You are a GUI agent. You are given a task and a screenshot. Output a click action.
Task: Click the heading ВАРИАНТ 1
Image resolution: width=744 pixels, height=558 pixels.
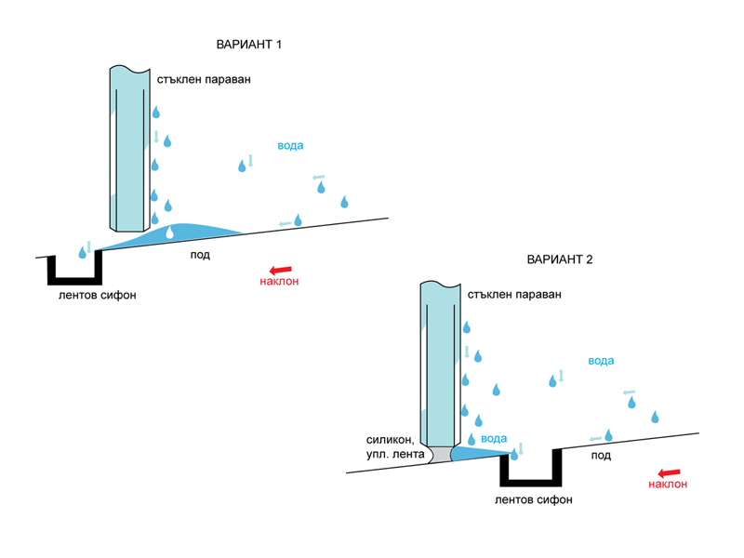[248, 44]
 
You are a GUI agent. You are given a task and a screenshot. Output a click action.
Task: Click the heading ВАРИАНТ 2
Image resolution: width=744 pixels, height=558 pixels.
[560, 259]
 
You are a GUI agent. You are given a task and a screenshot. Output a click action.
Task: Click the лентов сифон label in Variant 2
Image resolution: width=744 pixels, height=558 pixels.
[534, 499]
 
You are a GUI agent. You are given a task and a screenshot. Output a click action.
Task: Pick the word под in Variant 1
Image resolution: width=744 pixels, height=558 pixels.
[199, 255]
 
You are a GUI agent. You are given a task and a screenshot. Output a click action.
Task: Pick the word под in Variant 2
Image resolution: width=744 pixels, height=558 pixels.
[601, 456]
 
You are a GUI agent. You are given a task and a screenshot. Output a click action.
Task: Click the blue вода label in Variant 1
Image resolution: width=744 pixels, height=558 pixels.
[290, 146]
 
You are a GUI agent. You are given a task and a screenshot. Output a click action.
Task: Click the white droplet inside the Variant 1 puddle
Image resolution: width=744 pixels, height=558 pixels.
[169, 234]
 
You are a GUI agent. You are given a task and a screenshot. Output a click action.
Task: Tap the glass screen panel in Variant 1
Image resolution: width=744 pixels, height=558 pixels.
[129, 149]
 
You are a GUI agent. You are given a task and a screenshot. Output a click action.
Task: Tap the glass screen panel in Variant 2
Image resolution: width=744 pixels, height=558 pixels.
[437, 363]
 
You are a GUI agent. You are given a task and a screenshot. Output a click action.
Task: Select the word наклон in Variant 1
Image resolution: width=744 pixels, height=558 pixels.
[279, 283]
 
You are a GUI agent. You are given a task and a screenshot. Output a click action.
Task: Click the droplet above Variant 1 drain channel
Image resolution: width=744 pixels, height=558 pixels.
[82, 251]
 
